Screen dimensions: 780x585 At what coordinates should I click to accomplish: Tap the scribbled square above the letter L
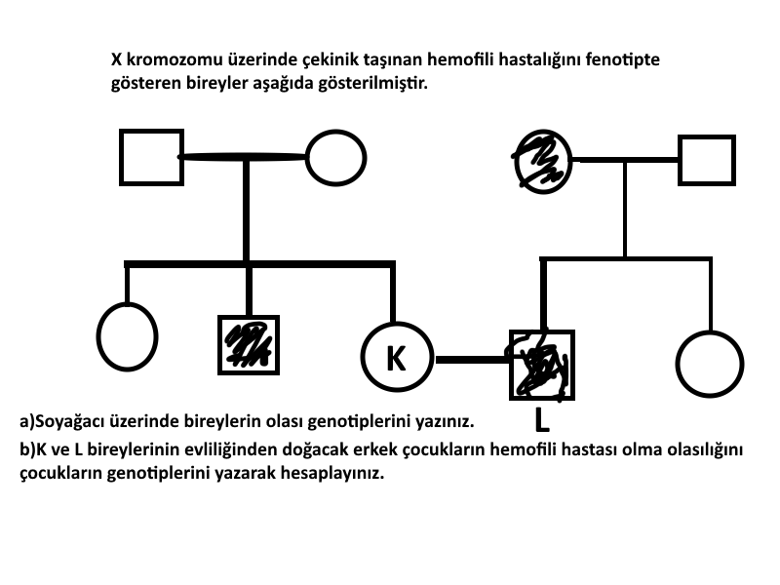[x=542, y=365]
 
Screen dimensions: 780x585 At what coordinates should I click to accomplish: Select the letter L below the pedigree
[x=542, y=420]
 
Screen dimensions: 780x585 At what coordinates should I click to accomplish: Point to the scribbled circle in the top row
[x=542, y=161]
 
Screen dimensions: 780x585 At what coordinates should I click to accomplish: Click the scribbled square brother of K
[x=249, y=345]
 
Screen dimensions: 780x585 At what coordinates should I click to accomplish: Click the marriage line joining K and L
[x=472, y=359]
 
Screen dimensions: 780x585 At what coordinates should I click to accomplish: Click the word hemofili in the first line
[x=460, y=59]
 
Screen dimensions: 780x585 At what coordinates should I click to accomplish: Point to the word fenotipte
[x=622, y=60]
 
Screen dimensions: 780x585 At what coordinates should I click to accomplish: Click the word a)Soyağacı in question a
[x=61, y=422]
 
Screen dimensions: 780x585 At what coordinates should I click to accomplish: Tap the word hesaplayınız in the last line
[x=332, y=474]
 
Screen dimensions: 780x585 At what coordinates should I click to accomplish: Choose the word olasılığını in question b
[x=704, y=450]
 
